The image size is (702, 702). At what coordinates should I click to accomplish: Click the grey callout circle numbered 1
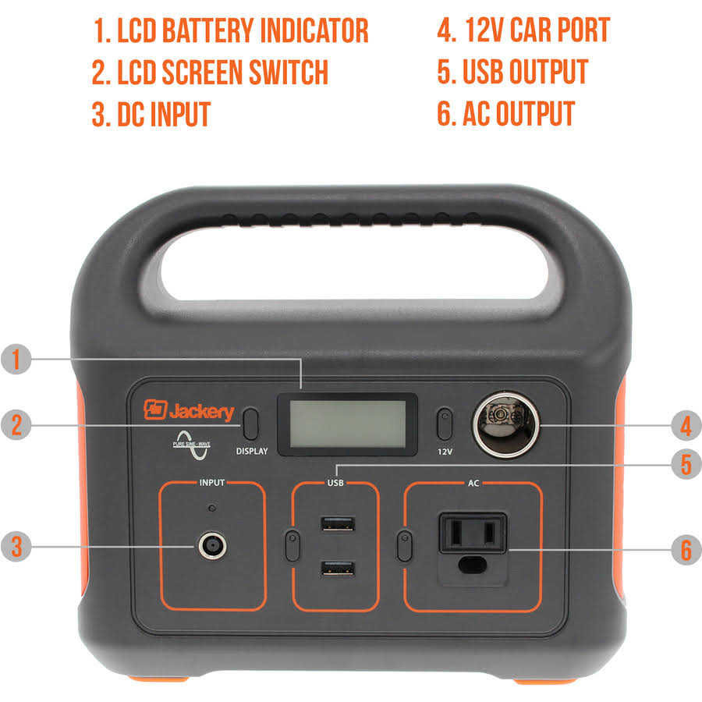coord(16,359)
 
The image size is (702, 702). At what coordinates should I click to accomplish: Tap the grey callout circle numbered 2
coord(16,424)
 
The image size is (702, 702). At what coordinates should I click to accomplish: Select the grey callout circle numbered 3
coord(16,546)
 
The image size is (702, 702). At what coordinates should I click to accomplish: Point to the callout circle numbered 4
coord(686,425)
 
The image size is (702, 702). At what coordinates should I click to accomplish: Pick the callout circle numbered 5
coord(686,464)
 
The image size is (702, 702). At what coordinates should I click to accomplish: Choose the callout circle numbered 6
coord(686,550)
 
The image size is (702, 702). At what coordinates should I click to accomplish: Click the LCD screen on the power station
coord(347,424)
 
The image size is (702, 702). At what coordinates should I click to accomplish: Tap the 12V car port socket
coord(506,425)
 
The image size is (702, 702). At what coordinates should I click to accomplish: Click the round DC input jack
coord(212,546)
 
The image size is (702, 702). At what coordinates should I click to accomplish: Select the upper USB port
coord(338,524)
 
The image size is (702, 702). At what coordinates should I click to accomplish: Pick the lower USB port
coord(338,569)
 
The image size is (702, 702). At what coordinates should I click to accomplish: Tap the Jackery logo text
coord(201,411)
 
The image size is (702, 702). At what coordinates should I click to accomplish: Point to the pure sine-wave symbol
coord(192,445)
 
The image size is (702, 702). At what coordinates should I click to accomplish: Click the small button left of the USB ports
coord(292,545)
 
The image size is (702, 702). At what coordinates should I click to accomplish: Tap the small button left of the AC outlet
coord(405,545)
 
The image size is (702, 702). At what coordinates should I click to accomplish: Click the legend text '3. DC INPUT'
coord(151,114)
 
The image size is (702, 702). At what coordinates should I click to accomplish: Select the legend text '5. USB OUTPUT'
coord(512,72)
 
